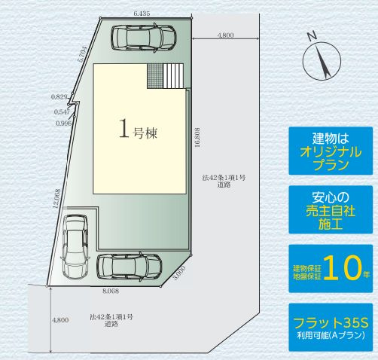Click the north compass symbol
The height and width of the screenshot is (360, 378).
[x=319, y=56]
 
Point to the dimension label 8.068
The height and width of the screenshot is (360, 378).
[x=111, y=288]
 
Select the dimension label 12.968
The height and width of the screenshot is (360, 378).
[x=57, y=199]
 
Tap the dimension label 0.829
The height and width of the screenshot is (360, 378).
[x=60, y=96]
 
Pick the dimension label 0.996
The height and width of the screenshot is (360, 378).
[x=63, y=124]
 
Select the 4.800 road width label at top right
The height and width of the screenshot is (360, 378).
[x=226, y=35]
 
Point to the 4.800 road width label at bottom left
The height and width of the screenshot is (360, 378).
[x=60, y=320]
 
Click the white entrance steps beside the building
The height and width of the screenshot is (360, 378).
[x=173, y=76]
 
